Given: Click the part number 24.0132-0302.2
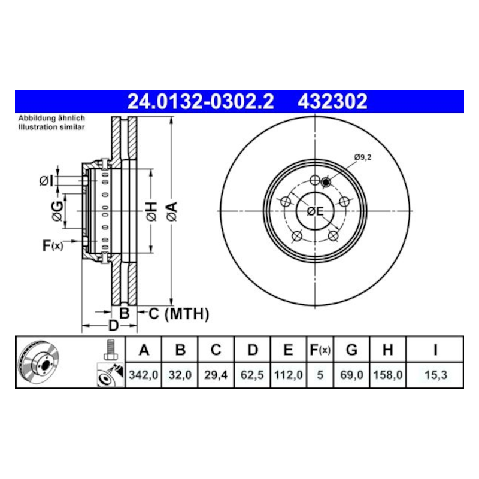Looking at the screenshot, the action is pyautogui.click(x=201, y=101).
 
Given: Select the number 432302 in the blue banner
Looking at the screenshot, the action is pyautogui.click(x=332, y=101).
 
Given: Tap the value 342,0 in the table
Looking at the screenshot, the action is pyautogui.click(x=143, y=375).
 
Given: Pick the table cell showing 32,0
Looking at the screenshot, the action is pyautogui.click(x=180, y=375).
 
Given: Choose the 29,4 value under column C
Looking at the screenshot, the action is pyautogui.click(x=216, y=375).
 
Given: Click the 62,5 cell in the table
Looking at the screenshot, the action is pyautogui.click(x=252, y=375).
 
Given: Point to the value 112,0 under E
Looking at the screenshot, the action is pyautogui.click(x=288, y=375).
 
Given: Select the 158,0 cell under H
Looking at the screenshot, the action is pyautogui.click(x=387, y=375).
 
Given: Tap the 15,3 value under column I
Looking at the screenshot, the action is pyautogui.click(x=436, y=375).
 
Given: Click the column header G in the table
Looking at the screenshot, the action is pyautogui.click(x=351, y=350).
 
